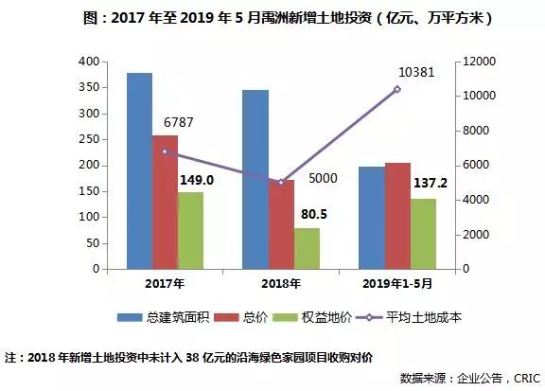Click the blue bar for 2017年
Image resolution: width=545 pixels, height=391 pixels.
coord(139,170)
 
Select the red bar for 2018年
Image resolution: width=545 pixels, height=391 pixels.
coord(281,224)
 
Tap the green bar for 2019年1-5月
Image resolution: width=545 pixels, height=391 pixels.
coord(423,233)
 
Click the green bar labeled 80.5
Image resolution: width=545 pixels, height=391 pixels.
coord(307,248)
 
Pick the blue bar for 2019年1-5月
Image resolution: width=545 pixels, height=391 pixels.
coord(372,218)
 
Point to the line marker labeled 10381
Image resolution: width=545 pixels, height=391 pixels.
coord(397,89)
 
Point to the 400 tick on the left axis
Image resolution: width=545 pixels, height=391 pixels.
coord(88,62)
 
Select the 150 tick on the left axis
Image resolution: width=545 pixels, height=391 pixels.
coord(88,191)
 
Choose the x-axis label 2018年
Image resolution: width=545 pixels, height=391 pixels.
coord(281,283)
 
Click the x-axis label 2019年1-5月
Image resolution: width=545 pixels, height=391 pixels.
coord(397,283)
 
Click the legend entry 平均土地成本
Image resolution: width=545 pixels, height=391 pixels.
coord(413,317)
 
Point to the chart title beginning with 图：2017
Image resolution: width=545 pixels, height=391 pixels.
coord(272,17)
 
